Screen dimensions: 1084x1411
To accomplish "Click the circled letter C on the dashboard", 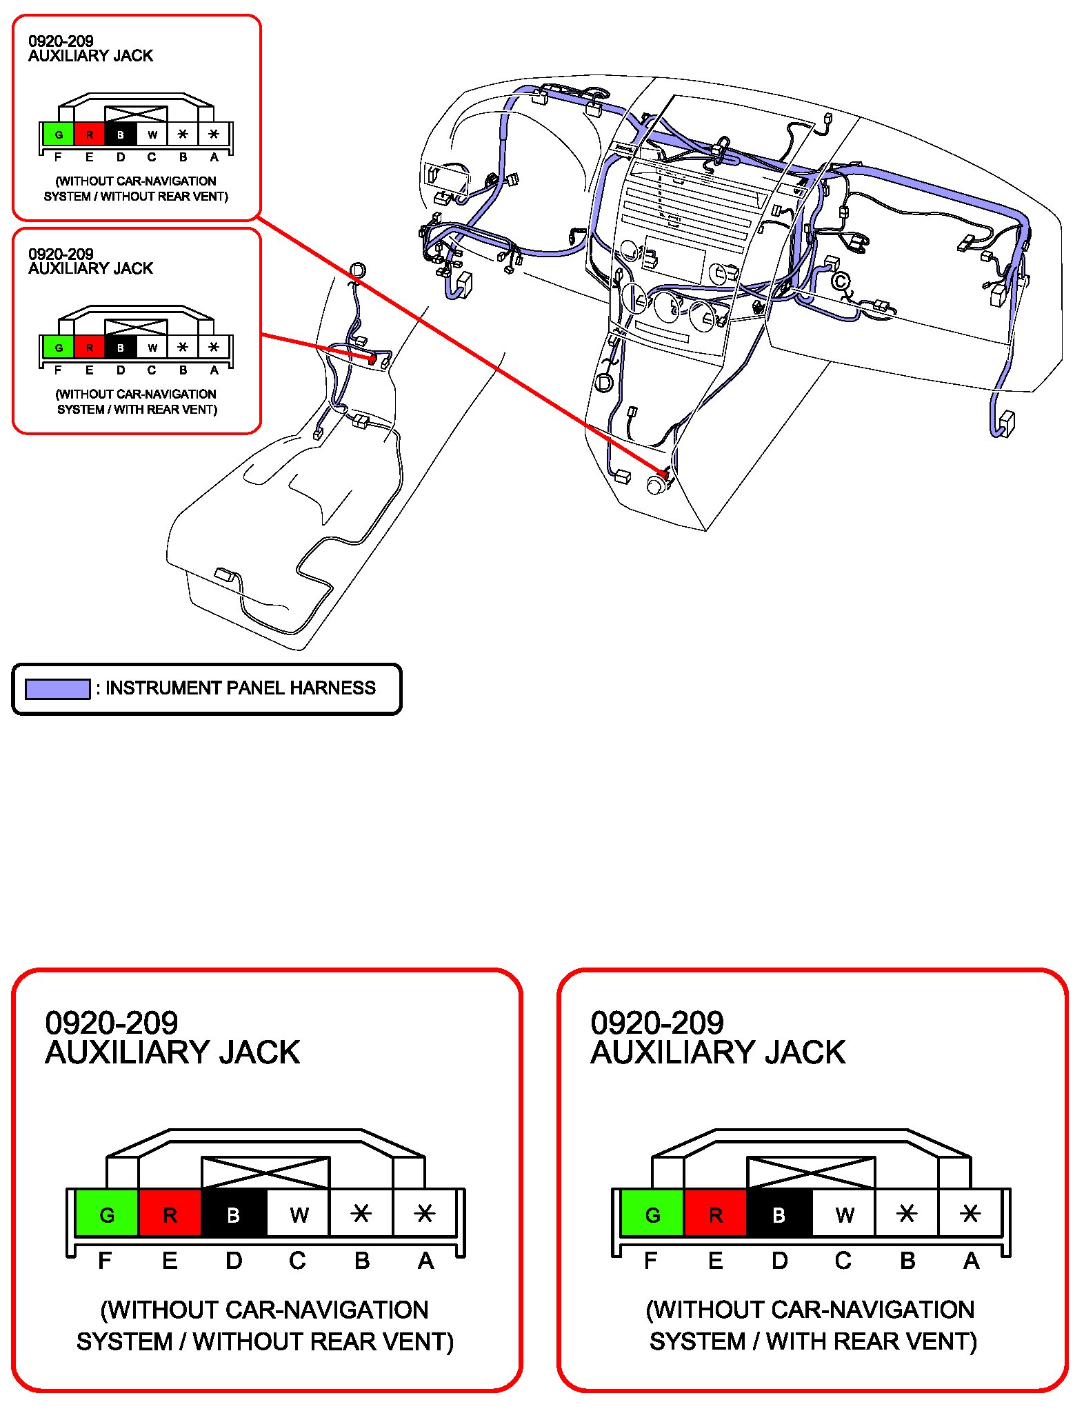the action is pos(840,282).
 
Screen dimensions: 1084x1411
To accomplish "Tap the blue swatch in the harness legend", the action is pos(58,689).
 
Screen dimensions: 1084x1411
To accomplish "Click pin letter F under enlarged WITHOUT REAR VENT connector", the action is pos(105,1261).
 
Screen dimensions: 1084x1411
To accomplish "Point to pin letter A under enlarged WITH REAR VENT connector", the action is pos(971,1261).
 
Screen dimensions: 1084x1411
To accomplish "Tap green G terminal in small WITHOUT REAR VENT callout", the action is pos(59,134).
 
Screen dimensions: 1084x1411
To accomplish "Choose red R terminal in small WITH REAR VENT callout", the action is pos(90,347).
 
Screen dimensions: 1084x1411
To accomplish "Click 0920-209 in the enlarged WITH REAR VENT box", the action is pos(657,1022).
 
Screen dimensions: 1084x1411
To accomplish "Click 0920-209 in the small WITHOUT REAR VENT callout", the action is pos(61,41).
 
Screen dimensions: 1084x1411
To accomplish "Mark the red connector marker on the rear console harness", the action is pos(372,359).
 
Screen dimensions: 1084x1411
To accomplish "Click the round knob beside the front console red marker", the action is pos(656,486).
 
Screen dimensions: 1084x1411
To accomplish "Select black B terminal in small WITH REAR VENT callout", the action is pos(121,347).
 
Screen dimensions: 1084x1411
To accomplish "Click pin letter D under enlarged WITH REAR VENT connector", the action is pos(779,1261).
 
